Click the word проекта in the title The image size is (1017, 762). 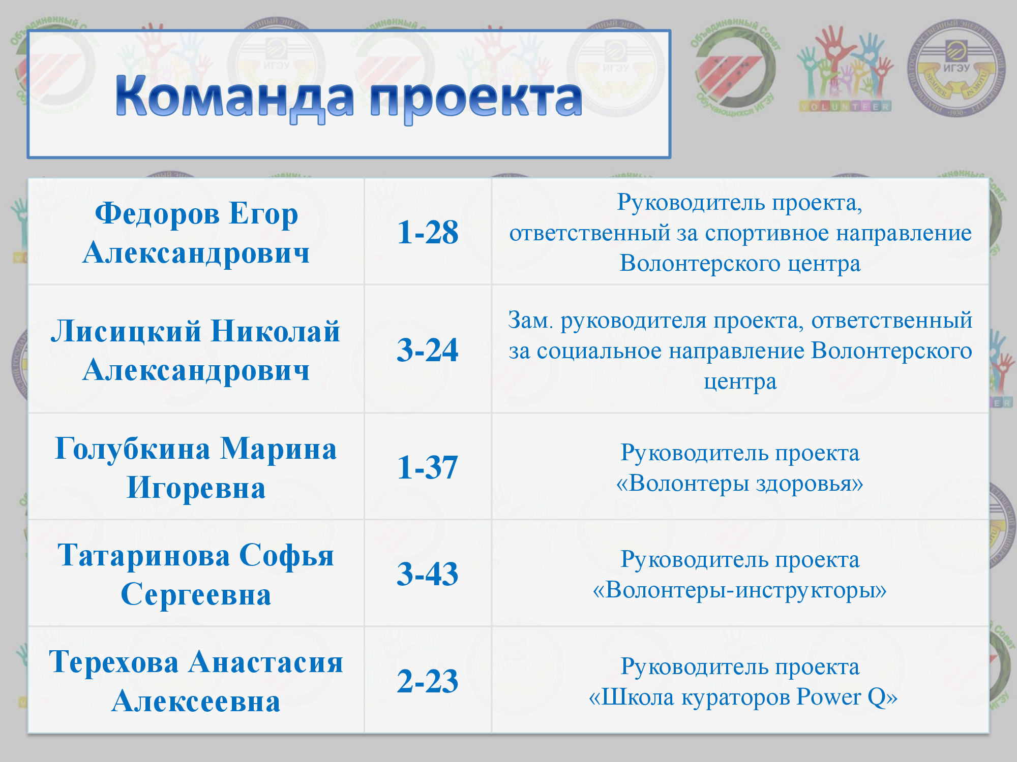[476, 99]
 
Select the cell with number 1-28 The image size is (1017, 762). [428, 232]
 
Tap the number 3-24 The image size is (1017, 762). [428, 350]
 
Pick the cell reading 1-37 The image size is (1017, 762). [428, 466]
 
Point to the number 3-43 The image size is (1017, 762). [428, 574]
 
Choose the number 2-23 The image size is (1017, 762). [428, 681]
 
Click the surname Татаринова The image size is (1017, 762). [144, 555]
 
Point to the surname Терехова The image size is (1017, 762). [114, 662]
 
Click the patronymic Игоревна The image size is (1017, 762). [196, 488]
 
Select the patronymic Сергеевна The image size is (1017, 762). [196, 595]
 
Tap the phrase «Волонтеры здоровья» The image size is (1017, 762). [740, 483]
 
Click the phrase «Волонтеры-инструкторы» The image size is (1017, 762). [740, 590]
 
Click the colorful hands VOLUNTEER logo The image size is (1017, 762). [845, 69]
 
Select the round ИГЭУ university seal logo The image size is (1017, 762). [956, 68]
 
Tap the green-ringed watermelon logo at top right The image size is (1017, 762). [734, 68]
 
